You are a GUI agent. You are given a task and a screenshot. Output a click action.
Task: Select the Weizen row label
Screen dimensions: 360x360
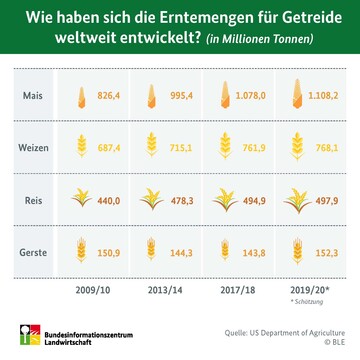pos(32,147)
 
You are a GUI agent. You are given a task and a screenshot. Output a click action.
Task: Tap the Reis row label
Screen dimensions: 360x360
pos(32,198)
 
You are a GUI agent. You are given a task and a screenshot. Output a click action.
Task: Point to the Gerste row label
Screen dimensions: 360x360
pos(32,250)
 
